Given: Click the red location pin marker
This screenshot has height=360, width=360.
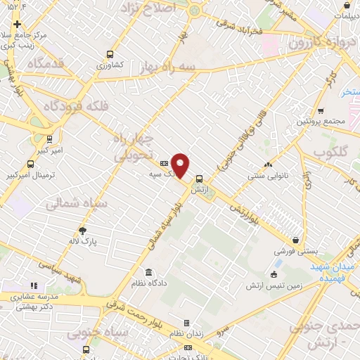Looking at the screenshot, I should [181, 165].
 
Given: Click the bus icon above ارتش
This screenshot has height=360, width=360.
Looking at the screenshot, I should [200, 179].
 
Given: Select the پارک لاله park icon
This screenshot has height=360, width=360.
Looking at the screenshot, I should [83, 230].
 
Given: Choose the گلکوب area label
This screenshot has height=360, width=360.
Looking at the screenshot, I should [330, 151].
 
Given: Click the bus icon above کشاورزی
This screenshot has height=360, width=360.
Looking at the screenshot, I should [110, 53].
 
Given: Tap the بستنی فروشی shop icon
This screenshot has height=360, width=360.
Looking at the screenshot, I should [296, 240].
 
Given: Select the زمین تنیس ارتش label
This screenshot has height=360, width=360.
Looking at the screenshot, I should [269, 285].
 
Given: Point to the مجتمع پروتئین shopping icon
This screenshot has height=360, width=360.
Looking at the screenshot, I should [321, 110].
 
